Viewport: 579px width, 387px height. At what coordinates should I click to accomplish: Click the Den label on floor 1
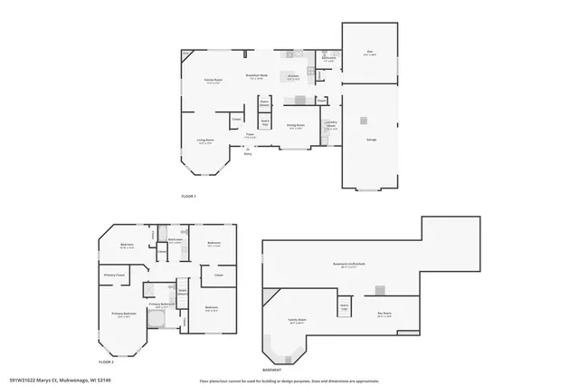tap(369, 53)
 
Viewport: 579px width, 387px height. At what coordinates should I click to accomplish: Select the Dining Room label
tap(296, 126)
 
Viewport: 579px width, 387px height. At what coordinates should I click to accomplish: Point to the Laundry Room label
tap(331, 124)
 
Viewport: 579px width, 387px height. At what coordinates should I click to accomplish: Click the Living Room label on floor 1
tap(205, 141)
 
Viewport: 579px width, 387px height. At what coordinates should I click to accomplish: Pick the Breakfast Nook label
tap(257, 77)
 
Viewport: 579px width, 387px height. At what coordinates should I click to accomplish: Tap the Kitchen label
tap(293, 77)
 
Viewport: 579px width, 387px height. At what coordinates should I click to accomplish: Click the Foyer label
tap(250, 136)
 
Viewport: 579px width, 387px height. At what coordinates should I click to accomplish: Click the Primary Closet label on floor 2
tap(114, 275)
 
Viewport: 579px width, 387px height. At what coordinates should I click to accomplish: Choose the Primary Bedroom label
tap(121, 314)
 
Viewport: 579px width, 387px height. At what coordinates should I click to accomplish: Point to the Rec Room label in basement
tap(384, 315)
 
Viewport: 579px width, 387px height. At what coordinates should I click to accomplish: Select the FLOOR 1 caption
tap(188, 197)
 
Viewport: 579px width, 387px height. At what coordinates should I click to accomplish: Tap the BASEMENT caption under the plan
tap(273, 370)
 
